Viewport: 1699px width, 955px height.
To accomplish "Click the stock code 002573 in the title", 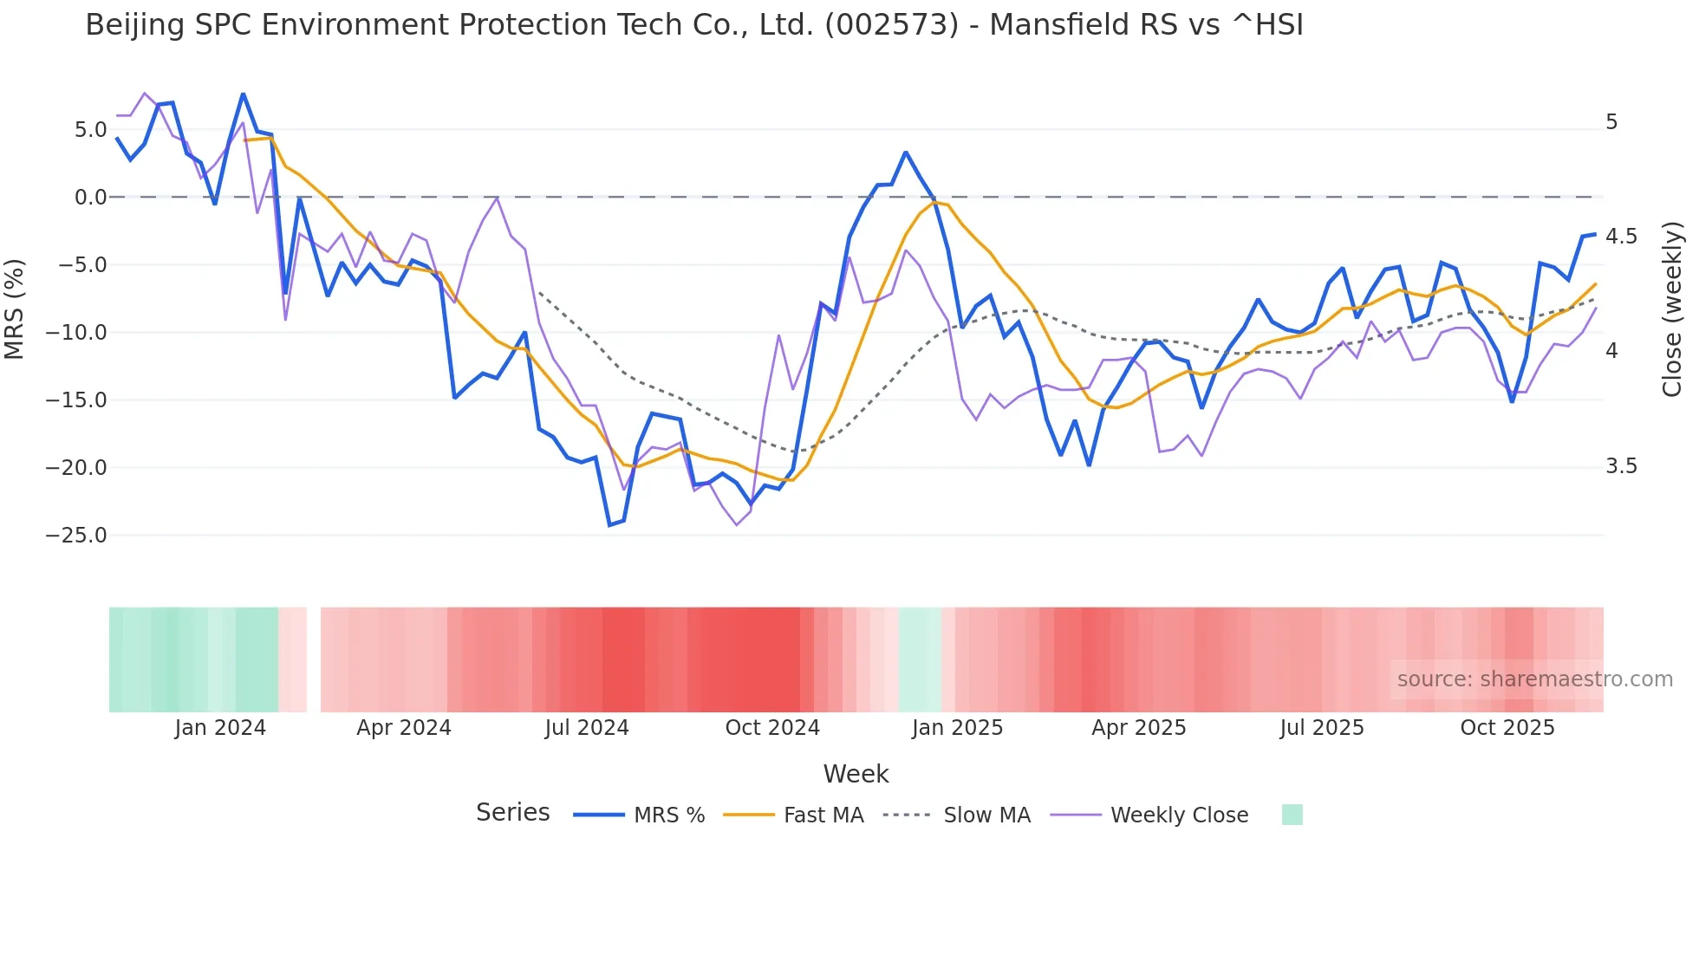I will [891, 25].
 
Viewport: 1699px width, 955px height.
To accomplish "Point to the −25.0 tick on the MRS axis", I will [76, 536].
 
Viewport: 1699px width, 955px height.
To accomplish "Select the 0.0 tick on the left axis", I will [90, 198].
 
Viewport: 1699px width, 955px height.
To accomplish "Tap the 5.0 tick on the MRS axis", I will [90, 130].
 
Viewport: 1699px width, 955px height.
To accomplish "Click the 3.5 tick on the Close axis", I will [1621, 466].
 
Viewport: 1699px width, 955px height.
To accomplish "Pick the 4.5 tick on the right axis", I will [1621, 237].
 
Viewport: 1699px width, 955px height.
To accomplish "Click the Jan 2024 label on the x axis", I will [220, 728].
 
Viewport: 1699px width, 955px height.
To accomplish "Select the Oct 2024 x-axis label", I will [772, 728].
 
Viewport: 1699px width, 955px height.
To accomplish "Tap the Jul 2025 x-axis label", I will [1322, 728].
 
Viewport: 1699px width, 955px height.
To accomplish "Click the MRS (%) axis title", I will [15, 309].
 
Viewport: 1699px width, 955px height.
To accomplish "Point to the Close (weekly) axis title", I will [1672, 309].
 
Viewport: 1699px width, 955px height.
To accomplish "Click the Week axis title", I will [856, 774].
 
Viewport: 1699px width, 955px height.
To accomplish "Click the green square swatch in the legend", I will [1292, 815].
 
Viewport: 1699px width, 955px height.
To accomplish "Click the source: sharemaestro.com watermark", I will [1534, 679].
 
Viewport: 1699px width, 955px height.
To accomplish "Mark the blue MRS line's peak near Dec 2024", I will [906, 153].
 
